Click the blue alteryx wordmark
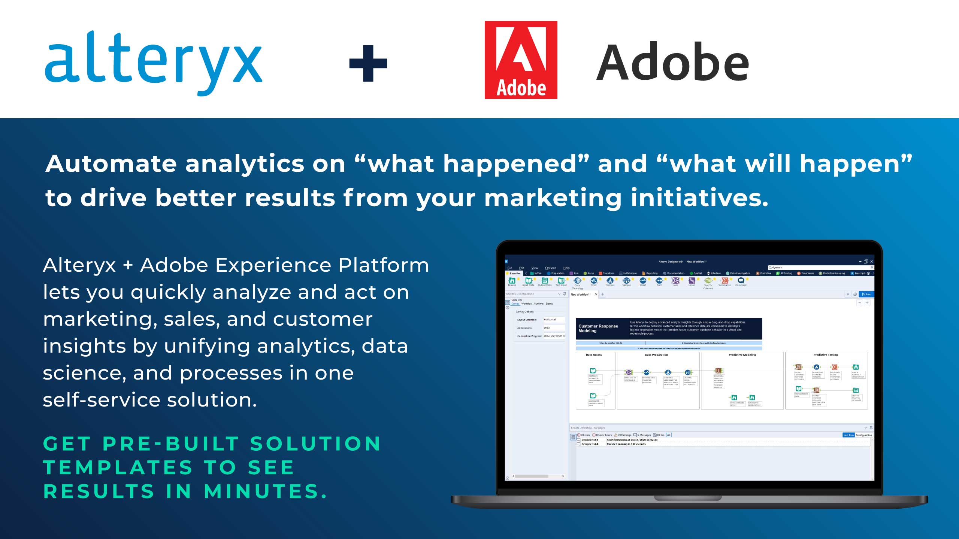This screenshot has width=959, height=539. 154,62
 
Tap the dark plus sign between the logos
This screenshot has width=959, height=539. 368,63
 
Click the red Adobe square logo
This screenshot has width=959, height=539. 521,60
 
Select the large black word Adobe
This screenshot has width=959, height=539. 673,62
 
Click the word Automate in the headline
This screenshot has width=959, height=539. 111,164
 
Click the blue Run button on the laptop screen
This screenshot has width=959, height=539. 866,294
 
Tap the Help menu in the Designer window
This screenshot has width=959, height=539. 566,268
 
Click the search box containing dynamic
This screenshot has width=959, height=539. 820,267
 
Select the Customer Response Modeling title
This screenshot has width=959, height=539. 598,328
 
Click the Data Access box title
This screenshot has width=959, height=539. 594,355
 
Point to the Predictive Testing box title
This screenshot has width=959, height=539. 825,355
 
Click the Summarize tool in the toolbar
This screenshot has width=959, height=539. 724,281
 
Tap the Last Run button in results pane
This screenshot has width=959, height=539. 848,435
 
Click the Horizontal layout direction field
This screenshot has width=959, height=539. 554,320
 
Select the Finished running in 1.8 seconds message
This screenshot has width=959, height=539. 626,444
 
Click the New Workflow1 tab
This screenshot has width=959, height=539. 580,295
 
